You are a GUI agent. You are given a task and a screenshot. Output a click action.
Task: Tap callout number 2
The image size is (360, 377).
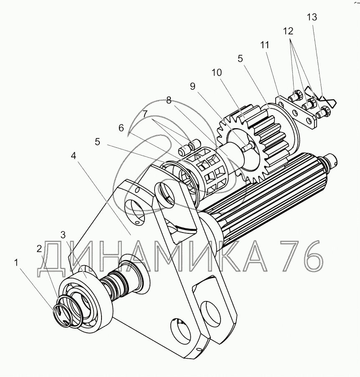(x=39, y=249)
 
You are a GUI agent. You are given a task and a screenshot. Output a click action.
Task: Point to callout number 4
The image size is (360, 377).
(x=74, y=156)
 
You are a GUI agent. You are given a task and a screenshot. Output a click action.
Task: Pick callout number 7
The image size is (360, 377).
(x=145, y=114)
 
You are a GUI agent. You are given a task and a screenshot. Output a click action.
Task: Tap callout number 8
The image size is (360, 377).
(x=168, y=100)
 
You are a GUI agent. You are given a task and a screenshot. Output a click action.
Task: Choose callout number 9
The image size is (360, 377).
(x=192, y=86)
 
